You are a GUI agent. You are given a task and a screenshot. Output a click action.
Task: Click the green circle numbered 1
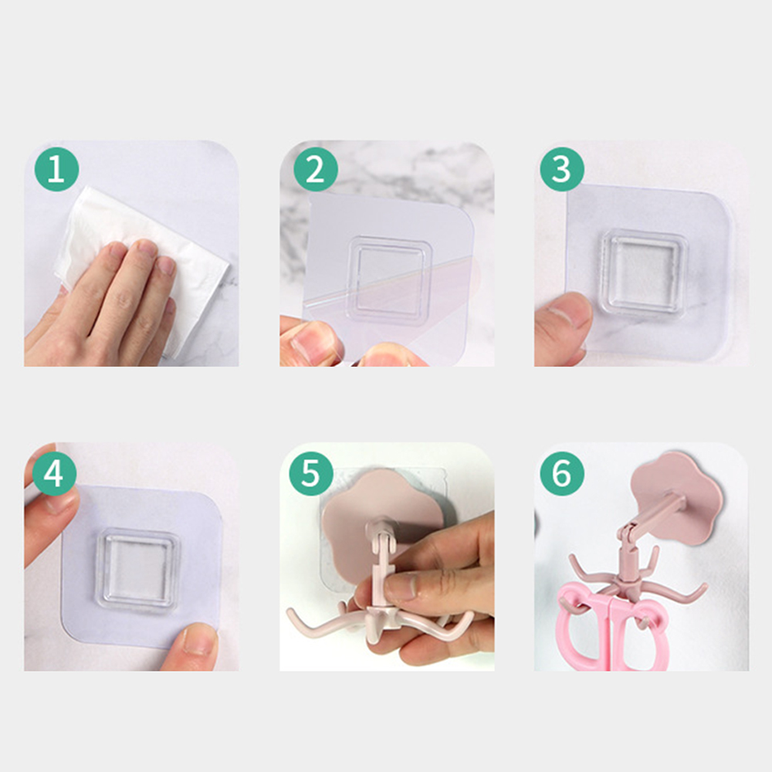point(56,169)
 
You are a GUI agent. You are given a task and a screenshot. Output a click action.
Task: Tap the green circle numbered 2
point(316,169)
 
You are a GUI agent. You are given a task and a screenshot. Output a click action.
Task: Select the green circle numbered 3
point(562,169)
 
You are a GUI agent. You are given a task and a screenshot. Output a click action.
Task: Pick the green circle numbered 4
point(54,474)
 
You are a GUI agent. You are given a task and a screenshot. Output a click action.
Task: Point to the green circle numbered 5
point(311,474)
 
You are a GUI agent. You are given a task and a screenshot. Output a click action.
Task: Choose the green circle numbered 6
point(562,474)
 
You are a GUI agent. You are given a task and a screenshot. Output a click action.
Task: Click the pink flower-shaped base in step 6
point(677,497)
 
